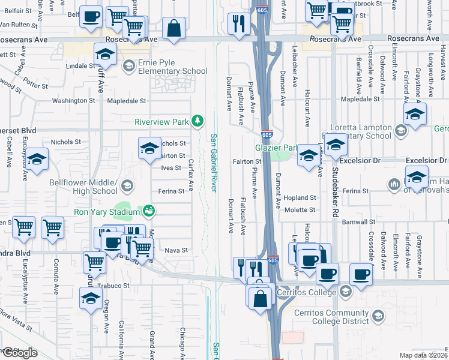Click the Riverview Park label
(162, 122)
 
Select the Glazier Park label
(276, 148)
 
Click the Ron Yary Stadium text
(106, 211)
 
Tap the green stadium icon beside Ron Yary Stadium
(148, 211)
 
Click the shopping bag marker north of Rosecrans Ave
(173, 28)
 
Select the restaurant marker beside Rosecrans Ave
(240, 24)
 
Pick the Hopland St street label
(300, 197)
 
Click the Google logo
(20, 353)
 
